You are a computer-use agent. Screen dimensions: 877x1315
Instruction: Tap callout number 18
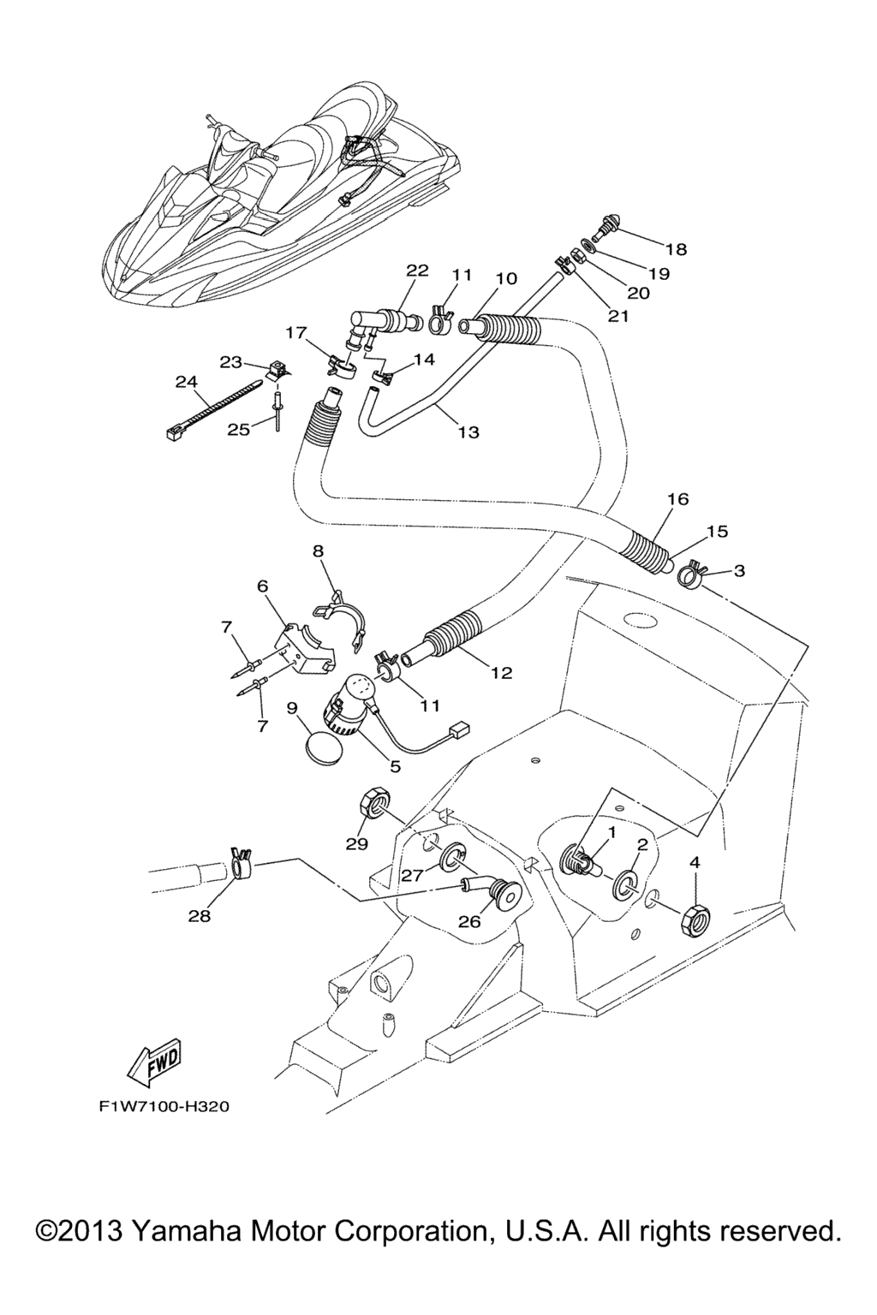677,249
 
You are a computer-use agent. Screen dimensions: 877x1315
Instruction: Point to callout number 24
186,383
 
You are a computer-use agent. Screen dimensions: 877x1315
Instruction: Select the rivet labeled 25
276,413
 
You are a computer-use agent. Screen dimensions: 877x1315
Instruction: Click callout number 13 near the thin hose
469,432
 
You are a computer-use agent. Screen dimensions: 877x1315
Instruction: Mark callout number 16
677,499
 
